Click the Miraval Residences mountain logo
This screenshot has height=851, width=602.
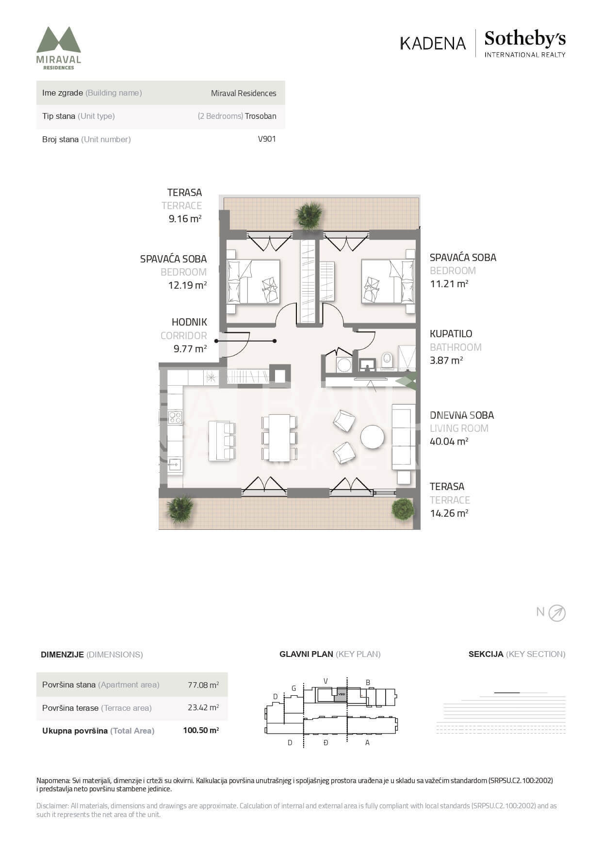59,39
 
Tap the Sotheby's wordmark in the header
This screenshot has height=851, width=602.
525,39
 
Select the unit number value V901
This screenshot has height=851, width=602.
267,139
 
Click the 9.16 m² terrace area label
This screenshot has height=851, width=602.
185,219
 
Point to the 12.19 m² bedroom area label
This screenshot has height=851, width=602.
187,285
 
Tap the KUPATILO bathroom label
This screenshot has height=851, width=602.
451,334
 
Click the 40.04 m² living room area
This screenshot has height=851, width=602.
449,442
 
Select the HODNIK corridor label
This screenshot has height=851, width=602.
189,322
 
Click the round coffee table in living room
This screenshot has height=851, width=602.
372,437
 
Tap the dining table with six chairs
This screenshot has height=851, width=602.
279,438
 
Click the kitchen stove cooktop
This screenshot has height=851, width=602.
175,417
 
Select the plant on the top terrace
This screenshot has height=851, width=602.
309,215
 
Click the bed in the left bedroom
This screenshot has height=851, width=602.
253,282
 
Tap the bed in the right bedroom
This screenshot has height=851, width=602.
388,281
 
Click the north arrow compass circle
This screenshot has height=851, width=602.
557,613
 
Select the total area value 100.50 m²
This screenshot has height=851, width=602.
201,730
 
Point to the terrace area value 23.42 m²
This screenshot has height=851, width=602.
203,707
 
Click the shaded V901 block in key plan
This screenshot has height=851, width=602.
341,695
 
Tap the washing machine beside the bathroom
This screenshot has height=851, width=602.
344,364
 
